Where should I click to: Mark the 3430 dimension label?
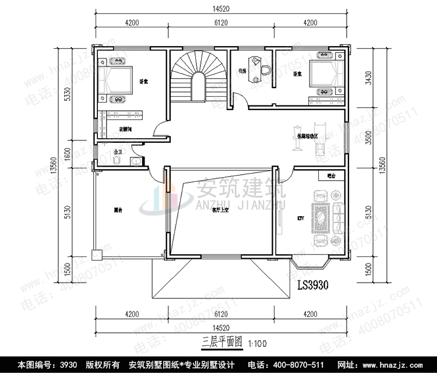click(x=369, y=78)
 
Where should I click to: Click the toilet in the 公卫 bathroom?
click(x=118, y=159)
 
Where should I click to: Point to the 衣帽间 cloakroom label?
click(x=125, y=128)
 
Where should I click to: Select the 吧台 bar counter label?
click(x=332, y=175)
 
